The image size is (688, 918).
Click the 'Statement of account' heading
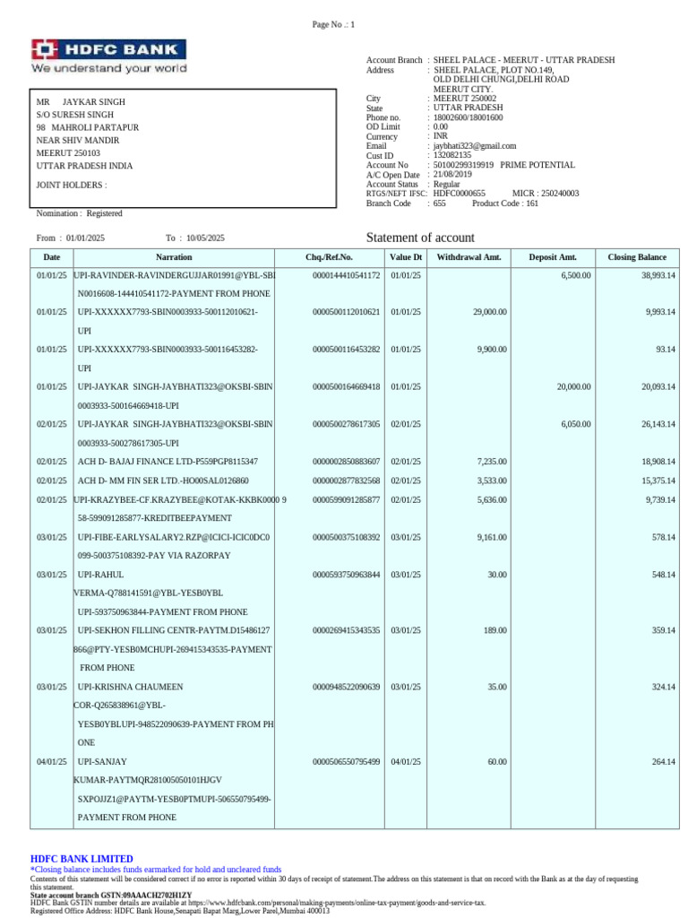(420, 238)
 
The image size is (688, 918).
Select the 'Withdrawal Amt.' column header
(469, 257)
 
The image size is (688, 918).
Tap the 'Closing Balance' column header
(637, 257)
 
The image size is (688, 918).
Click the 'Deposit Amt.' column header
(552, 257)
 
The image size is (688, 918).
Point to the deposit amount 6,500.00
(575, 275)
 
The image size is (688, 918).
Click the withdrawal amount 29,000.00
(489, 312)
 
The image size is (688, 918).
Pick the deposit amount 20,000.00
(572, 386)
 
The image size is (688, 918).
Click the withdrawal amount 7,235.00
(491, 461)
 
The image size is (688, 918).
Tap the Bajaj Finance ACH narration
(168, 461)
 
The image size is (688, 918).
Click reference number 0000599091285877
(346, 499)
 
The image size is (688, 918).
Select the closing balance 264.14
(663, 762)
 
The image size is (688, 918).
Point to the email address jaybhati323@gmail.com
(474, 145)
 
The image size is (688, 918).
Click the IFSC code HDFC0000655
(459, 193)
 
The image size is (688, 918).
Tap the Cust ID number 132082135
(452, 155)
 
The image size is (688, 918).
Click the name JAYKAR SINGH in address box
(93, 102)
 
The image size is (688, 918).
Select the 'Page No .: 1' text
(333, 25)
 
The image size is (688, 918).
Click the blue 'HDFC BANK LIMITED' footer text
(82, 858)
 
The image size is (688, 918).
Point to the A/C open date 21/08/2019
(453, 174)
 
